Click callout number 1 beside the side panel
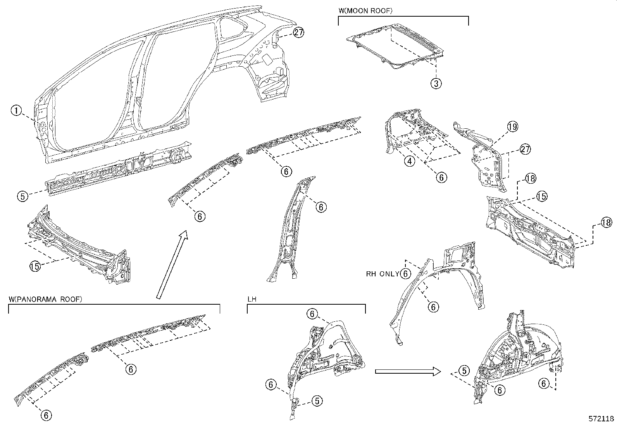click(x=16, y=111)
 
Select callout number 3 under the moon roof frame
click(x=436, y=83)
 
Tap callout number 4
click(x=410, y=160)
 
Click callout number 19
click(x=512, y=126)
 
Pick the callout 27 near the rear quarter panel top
click(x=298, y=33)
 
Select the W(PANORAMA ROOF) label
click(x=45, y=299)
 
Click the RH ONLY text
click(x=383, y=274)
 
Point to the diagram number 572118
click(x=601, y=419)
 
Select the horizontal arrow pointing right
click(x=408, y=371)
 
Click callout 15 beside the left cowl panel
click(x=35, y=266)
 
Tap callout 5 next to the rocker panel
click(x=23, y=196)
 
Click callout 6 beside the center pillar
click(x=321, y=207)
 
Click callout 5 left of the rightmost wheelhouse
click(x=464, y=371)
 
